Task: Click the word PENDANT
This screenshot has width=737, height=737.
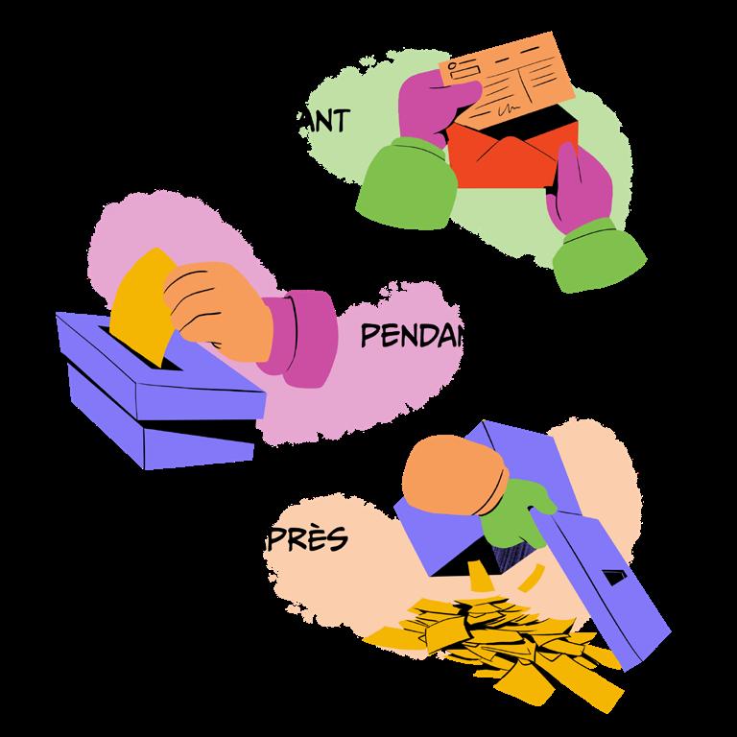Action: click(413, 336)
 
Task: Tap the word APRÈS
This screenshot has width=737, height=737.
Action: click(312, 539)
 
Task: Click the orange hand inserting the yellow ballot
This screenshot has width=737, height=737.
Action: click(216, 302)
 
